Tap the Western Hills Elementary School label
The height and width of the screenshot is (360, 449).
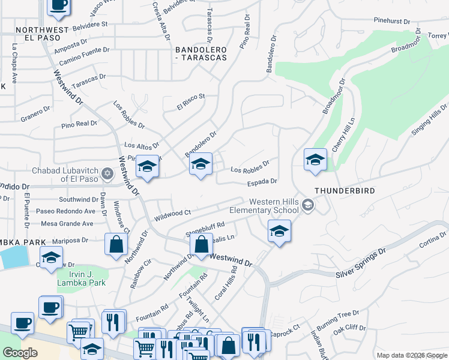pos(265,206)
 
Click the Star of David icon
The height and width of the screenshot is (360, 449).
pos(107,174)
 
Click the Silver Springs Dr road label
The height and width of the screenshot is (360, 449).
pos(360,265)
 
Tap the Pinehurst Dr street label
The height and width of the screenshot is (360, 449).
pos(391,20)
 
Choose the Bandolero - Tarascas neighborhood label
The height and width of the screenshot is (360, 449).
pos(201,53)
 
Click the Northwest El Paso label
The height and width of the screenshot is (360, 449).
pos(42,35)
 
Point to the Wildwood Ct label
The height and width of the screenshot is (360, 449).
pos(172,213)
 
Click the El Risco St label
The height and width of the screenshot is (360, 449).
pos(191,101)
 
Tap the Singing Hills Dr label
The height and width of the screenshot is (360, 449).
pos(430,119)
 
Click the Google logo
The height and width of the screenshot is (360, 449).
pos(20,353)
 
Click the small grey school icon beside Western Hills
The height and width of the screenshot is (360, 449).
pos(308,206)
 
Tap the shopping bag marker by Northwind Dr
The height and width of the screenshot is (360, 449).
pos(115,245)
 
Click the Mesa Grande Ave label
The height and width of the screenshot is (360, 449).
pos(67,224)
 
